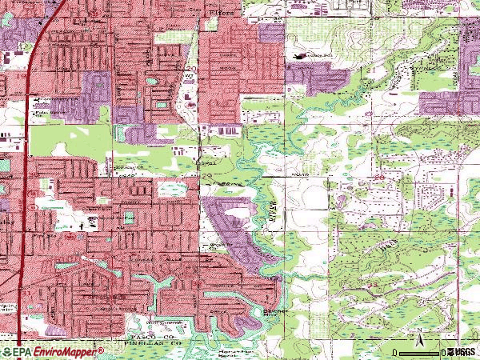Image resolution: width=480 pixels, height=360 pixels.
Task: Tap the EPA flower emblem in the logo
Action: pyautogui.click(x=8, y=352)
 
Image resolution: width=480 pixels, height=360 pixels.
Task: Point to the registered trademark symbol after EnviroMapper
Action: pyautogui.click(x=102, y=349)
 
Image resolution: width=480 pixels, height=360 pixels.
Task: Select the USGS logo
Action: pyautogui.click(x=464, y=352)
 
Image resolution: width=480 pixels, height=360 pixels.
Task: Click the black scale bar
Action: pyautogui.click(x=419, y=353)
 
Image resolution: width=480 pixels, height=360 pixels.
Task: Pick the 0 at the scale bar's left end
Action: pyautogui.click(x=398, y=353)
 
